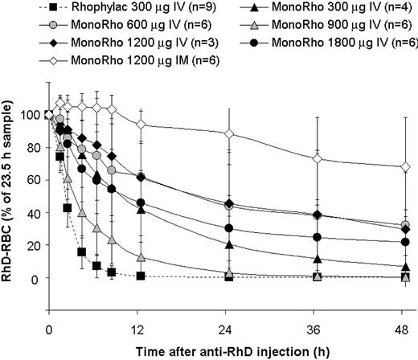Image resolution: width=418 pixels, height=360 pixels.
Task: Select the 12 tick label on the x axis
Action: click(x=141, y=306)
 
